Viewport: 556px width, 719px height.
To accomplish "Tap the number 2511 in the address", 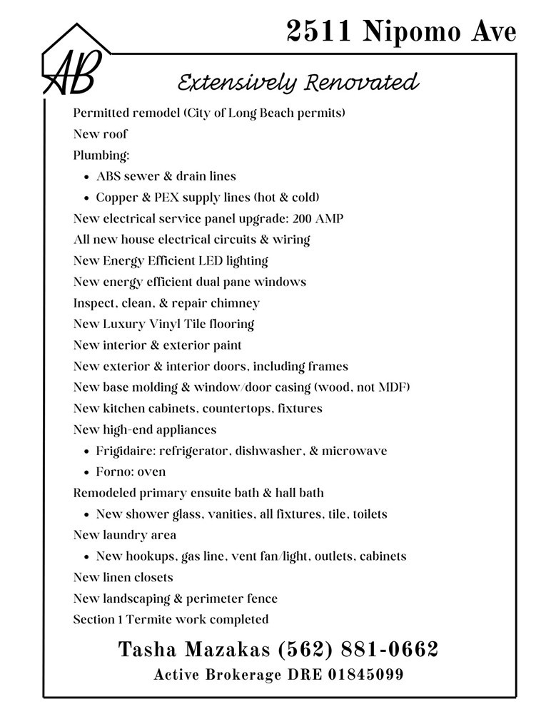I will [x=319, y=31].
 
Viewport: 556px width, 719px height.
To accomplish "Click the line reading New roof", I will [x=101, y=134].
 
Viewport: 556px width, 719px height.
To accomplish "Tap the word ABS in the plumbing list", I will [x=108, y=176].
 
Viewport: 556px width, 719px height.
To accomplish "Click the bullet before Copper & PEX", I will [x=86, y=198].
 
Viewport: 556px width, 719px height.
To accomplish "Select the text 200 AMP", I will [x=318, y=218].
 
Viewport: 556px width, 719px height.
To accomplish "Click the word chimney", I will [x=236, y=303].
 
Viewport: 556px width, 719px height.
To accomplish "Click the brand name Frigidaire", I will [x=125, y=451].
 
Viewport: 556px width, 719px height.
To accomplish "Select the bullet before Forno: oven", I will [x=86, y=473].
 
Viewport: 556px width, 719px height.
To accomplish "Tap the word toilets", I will [x=365, y=514].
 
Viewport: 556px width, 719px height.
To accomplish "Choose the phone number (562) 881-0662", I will [x=357, y=650].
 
